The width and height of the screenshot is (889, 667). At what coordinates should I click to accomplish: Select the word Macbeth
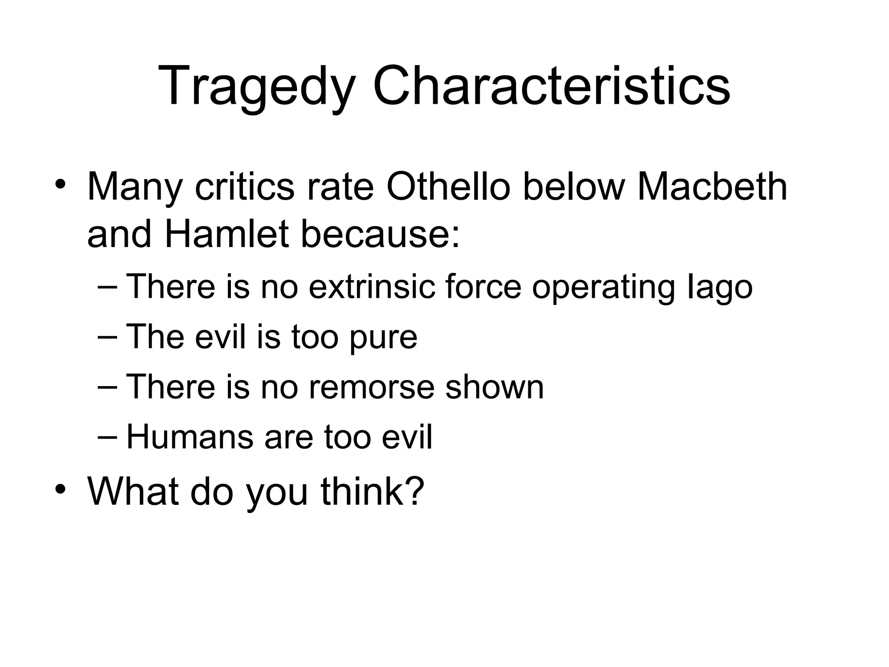pyautogui.click(x=712, y=188)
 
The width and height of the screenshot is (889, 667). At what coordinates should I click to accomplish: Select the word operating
pyautogui.click(x=604, y=287)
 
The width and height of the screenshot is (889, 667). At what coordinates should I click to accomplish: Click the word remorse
pyautogui.click(x=371, y=387)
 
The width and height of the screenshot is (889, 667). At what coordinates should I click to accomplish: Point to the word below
pyautogui.click(x=573, y=188)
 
